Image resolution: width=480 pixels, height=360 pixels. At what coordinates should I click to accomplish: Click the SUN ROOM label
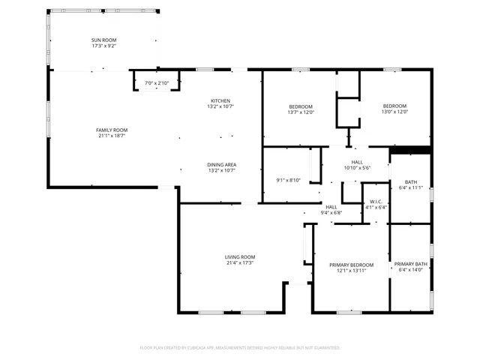click(x=103, y=40)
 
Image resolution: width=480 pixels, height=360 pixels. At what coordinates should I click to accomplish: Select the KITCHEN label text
click(x=220, y=100)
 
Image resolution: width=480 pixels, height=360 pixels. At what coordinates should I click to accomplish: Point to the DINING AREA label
click(x=221, y=164)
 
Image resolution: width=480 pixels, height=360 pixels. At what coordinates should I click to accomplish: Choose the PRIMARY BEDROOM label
click(x=351, y=265)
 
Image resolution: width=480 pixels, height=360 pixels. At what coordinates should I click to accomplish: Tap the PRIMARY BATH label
click(x=411, y=264)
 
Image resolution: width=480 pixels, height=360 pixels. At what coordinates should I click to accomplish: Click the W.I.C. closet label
click(x=376, y=202)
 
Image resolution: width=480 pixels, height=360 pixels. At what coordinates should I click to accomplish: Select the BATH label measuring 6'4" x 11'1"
click(x=411, y=181)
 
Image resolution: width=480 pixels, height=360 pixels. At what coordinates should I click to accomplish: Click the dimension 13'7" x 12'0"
click(x=301, y=112)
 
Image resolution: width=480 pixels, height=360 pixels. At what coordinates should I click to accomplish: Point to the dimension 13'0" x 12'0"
click(x=394, y=112)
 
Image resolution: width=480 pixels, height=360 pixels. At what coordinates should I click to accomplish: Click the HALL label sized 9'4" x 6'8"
click(x=331, y=206)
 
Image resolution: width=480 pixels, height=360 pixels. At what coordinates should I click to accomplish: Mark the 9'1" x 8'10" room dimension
click(x=289, y=180)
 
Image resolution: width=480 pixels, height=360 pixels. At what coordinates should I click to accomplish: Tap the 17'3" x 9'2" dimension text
click(x=103, y=46)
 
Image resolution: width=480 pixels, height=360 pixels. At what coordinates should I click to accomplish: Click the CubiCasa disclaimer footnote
click(x=240, y=348)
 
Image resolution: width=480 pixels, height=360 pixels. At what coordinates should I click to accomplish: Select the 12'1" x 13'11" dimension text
click(x=351, y=271)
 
